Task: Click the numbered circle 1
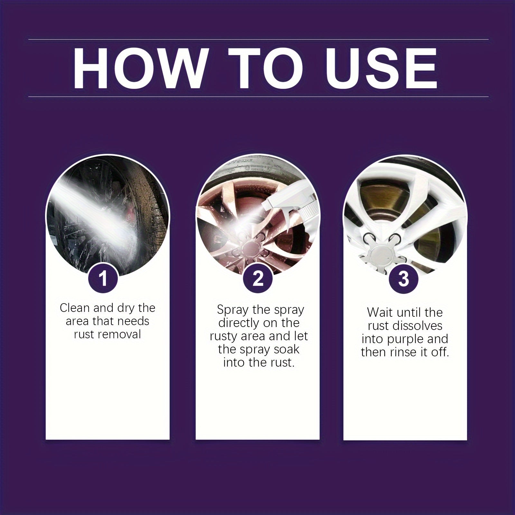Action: pyautogui.click(x=103, y=278)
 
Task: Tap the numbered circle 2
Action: pyautogui.click(x=258, y=278)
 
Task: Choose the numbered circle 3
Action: pyautogui.click(x=404, y=278)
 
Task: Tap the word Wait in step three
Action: pyautogui.click(x=379, y=313)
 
